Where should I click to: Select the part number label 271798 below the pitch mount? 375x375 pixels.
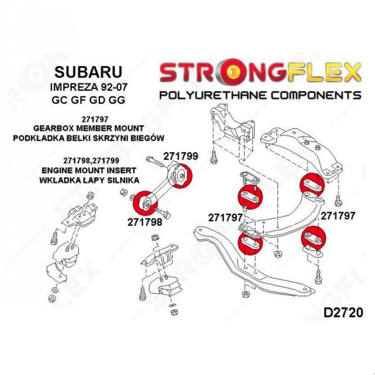145,222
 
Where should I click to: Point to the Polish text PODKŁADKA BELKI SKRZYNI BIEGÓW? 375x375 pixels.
89,138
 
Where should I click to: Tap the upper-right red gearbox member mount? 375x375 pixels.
312,185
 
